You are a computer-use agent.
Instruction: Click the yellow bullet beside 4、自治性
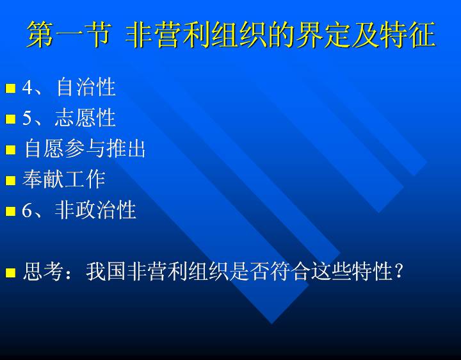10,88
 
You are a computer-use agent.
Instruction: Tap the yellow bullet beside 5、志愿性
10,119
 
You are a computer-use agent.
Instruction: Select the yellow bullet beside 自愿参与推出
10,150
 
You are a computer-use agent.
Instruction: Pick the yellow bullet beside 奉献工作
10,180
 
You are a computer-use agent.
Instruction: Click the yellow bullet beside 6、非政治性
10,211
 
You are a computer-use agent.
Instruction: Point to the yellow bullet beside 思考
10,272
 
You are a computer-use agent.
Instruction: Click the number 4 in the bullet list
28,87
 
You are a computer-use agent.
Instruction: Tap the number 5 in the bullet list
28,119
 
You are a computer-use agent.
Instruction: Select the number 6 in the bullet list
28,211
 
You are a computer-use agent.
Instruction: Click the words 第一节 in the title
69,35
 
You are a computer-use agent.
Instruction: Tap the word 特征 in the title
407,35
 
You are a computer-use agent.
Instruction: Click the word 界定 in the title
323,35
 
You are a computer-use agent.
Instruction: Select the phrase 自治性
86,87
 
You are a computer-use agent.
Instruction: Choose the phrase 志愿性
85,118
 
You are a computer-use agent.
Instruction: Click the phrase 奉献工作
64,179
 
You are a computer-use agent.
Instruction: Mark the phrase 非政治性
95,210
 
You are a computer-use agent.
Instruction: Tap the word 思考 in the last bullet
43,271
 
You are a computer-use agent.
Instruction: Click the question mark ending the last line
399,271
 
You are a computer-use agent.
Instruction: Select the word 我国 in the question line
106,271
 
